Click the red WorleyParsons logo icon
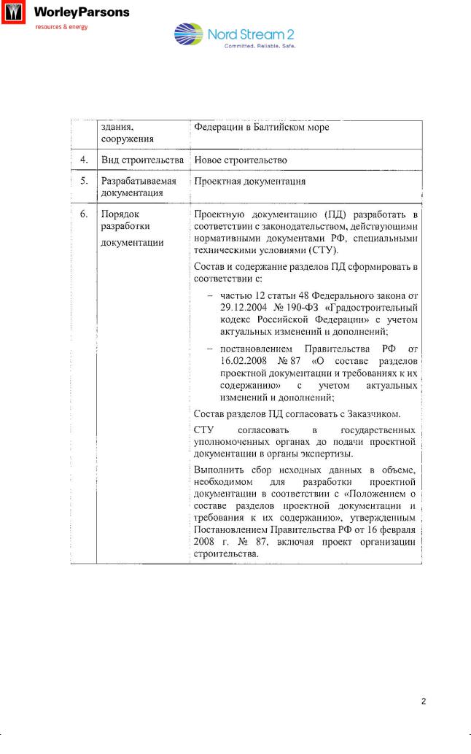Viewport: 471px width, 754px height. coord(12,13)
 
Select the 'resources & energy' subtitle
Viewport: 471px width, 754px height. coord(62,27)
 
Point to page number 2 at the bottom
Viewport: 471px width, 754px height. coord(424,701)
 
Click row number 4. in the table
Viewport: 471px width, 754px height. coord(85,160)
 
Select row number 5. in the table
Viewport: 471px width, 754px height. coord(85,181)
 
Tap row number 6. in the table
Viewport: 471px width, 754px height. coord(85,214)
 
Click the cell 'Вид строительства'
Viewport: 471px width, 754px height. coord(142,160)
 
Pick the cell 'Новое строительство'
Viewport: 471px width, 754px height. coord(240,160)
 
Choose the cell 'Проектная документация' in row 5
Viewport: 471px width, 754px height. coord(249,181)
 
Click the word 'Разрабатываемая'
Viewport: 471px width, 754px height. coord(139,181)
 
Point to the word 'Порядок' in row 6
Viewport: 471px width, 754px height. coord(120,214)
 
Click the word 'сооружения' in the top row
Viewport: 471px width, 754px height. coord(127,139)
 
